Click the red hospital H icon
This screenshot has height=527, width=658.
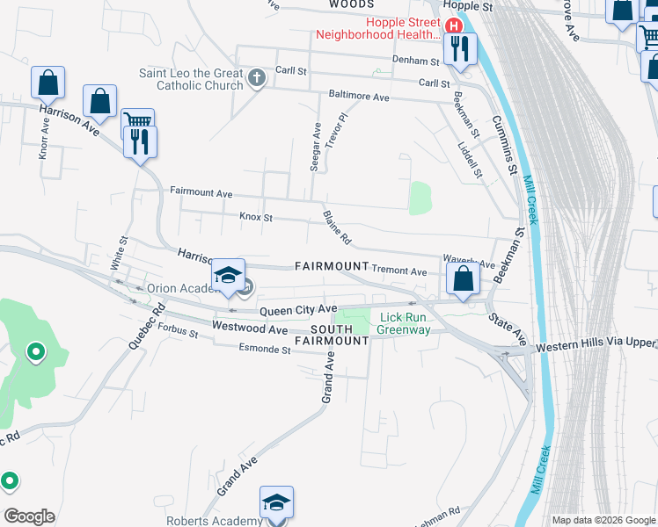(454, 25)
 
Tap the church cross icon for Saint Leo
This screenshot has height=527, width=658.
(257, 79)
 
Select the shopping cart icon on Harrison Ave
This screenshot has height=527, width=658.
(137, 122)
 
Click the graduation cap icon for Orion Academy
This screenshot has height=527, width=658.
(228, 275)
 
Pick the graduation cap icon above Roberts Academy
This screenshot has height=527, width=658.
(275, 502)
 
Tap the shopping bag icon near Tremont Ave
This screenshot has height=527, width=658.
(463, 278)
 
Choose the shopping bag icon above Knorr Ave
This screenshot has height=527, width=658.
(48, 83)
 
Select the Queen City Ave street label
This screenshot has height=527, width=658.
(298, 309)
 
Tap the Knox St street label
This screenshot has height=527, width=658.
(256, 216)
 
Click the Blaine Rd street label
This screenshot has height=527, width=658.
(337, 227)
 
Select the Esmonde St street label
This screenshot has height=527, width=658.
(264, 349)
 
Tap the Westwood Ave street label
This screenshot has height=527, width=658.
(250, 329)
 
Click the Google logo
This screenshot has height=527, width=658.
(29, 516)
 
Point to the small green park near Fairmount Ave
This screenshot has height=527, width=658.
(420, 198)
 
